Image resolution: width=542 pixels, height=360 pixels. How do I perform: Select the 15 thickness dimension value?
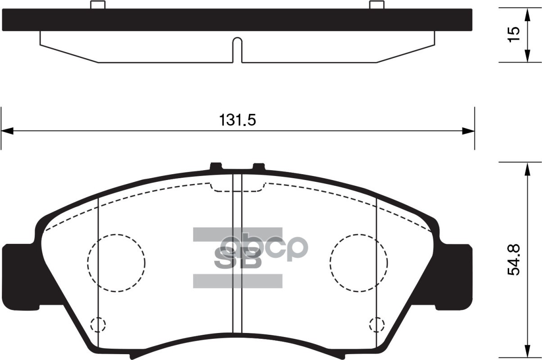(x=514, y=35)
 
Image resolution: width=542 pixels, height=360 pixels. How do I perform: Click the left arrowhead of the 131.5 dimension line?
(x=6, y=131)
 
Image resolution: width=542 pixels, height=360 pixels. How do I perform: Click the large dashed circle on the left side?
(x=117, y=262)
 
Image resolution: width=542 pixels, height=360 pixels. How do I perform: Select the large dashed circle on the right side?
(x=358, y=262)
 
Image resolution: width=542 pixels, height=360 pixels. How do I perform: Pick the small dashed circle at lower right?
(x=376, y=324)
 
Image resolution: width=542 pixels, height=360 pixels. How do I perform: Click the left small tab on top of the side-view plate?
(x=98, y=5)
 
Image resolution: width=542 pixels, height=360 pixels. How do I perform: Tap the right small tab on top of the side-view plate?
(x=377, y=5)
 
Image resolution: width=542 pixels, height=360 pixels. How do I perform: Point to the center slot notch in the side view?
(x=237, y=49)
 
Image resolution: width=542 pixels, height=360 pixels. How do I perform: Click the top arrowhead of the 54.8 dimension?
(x=527, y=168)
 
